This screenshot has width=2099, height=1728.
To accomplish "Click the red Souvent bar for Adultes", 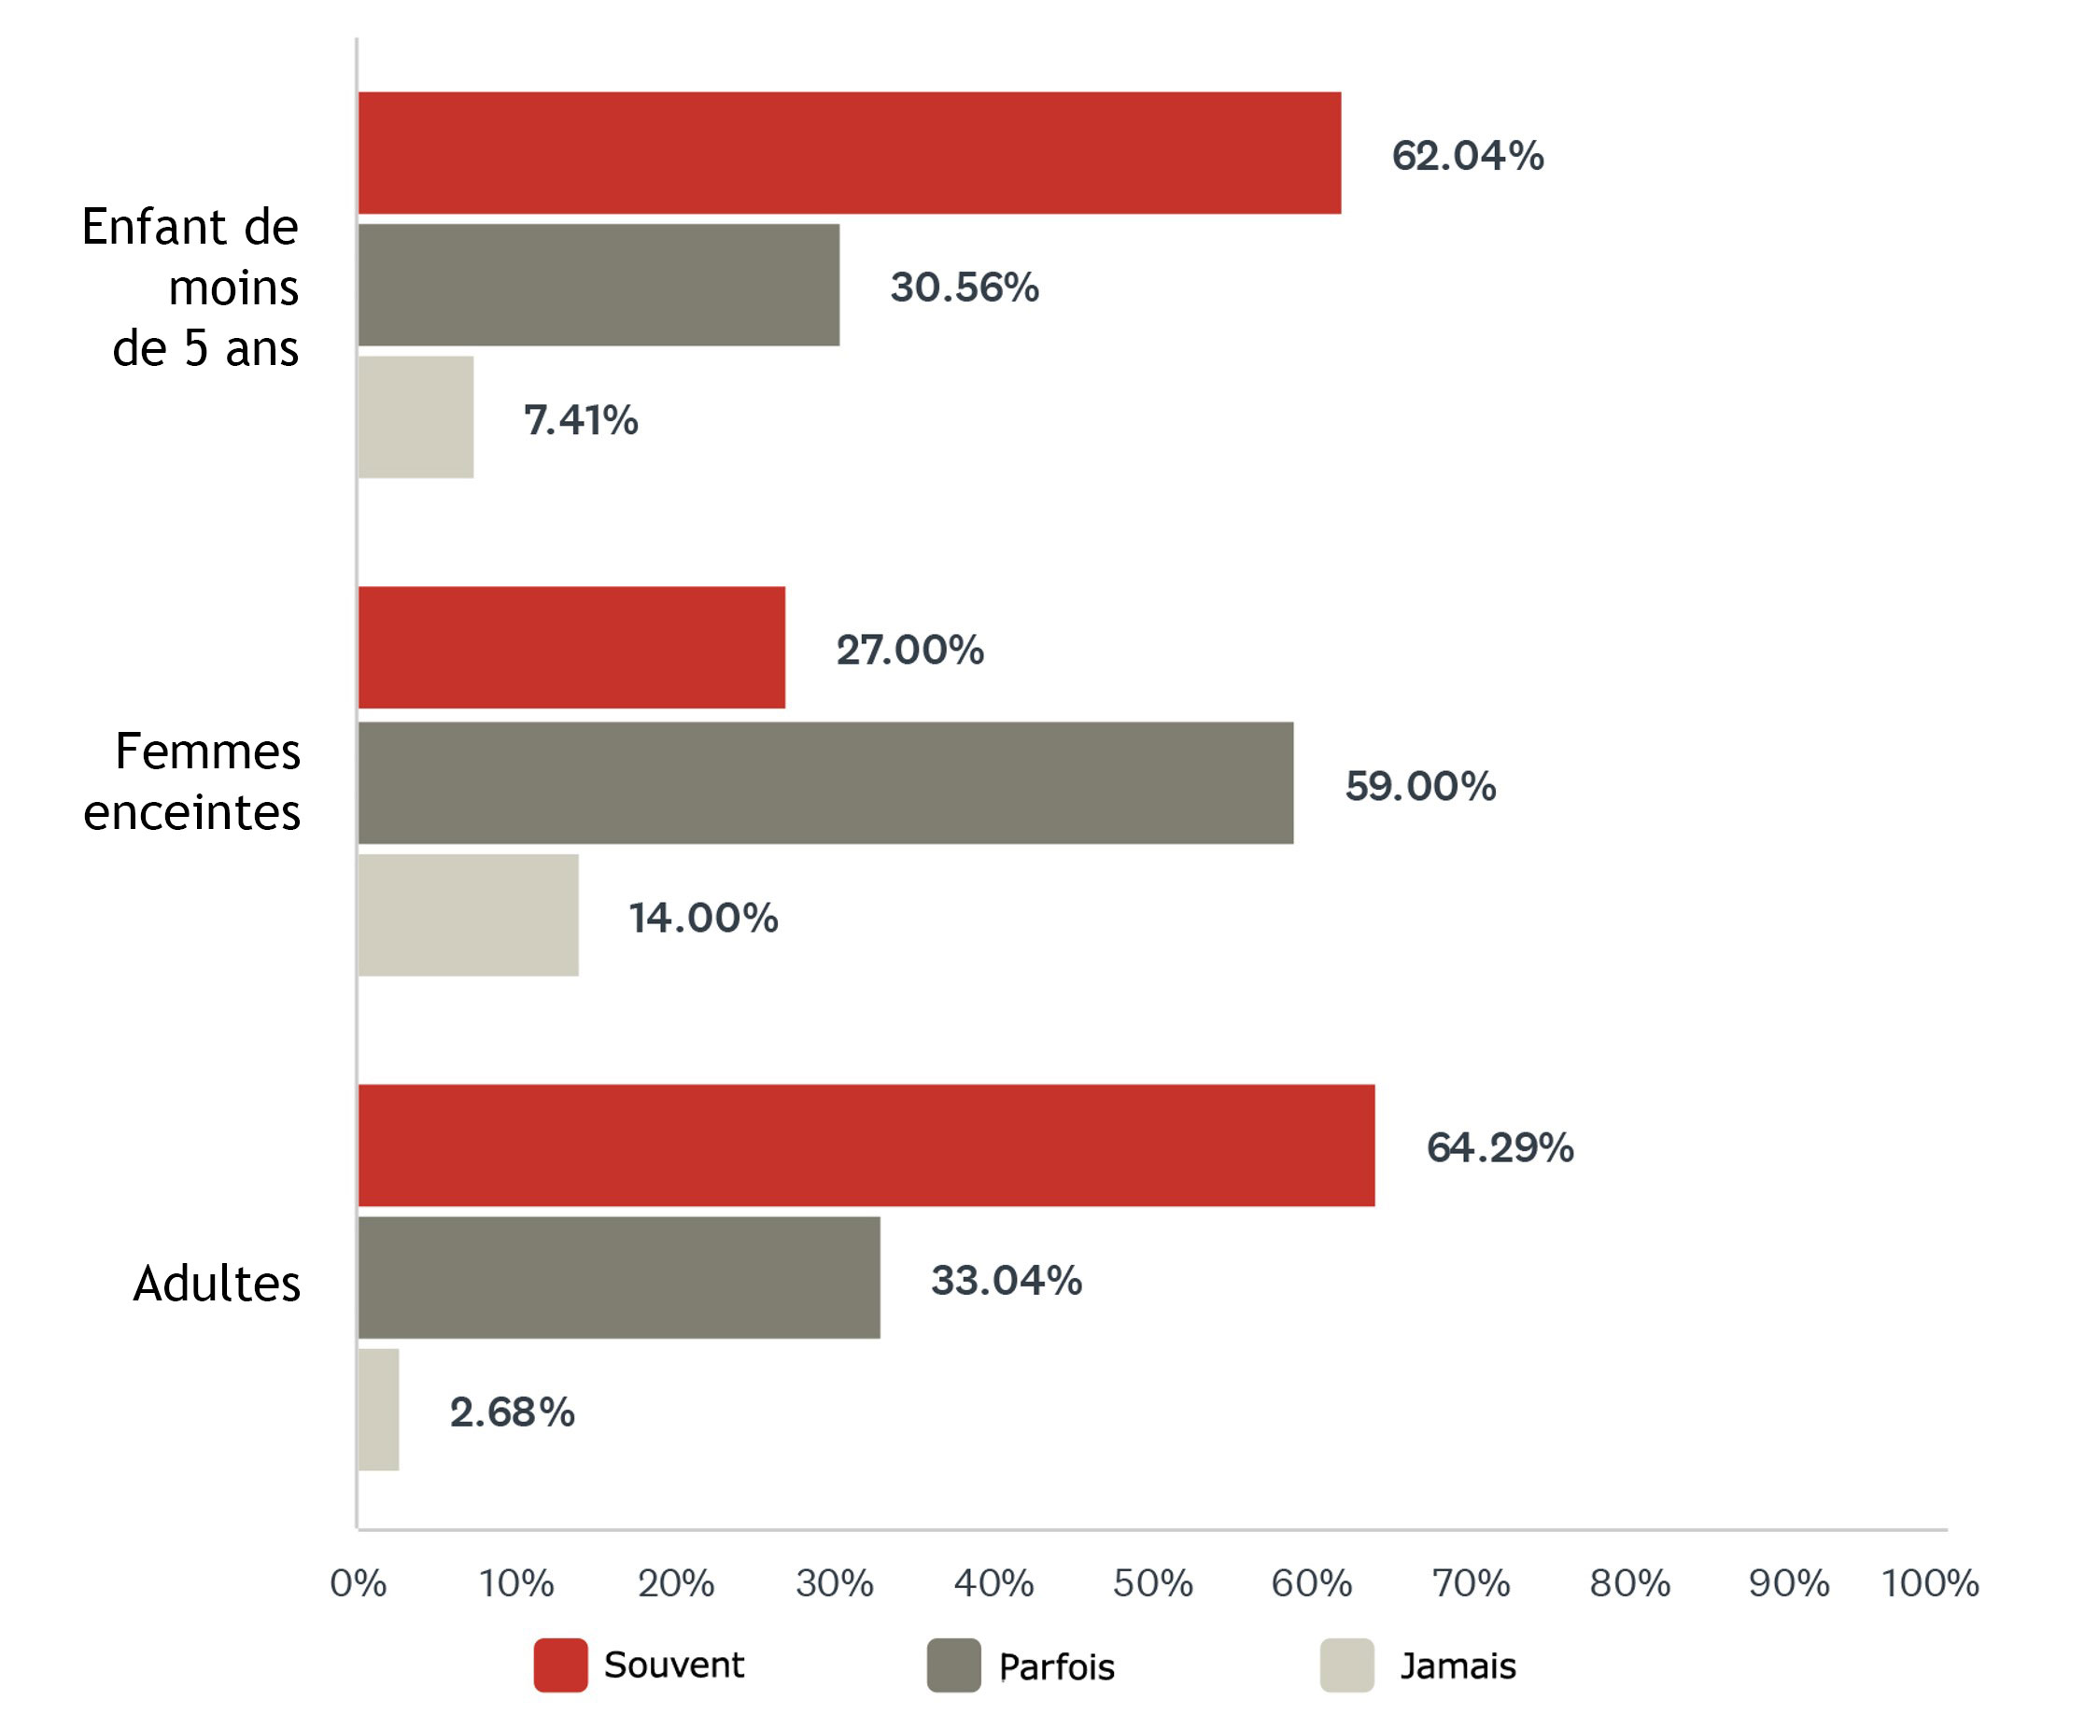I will [866, 1145].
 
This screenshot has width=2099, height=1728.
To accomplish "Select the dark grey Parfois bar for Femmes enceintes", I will [825, 782].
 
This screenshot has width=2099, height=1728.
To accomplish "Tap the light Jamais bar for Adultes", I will [378, 1409].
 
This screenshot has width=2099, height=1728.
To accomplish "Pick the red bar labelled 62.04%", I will [849, 152].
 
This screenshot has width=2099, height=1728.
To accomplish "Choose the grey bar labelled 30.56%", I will [599, 285].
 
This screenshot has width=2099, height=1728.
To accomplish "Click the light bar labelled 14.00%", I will [468, 915].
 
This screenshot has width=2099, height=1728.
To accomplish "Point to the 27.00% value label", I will [909, 650].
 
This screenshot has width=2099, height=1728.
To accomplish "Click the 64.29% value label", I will [1500, 1147].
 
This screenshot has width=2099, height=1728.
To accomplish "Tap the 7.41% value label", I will [581, 420].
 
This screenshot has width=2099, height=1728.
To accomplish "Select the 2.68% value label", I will [512, 1412].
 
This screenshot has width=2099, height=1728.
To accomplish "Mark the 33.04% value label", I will [1006, 1280].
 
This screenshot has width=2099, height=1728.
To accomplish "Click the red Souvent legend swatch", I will [560, 1665].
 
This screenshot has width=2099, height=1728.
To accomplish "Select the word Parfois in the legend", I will [1055, 1666].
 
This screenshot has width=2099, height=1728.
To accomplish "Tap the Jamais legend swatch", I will [1346, 1665].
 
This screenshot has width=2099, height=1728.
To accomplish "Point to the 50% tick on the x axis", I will [1152, 1582].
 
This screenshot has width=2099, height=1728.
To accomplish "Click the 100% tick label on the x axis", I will [1929, 1582].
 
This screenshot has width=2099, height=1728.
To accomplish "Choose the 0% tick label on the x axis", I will [359, 1582].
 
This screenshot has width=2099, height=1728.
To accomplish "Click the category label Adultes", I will [217, 1283].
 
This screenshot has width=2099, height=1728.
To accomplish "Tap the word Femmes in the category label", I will [207, 751].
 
